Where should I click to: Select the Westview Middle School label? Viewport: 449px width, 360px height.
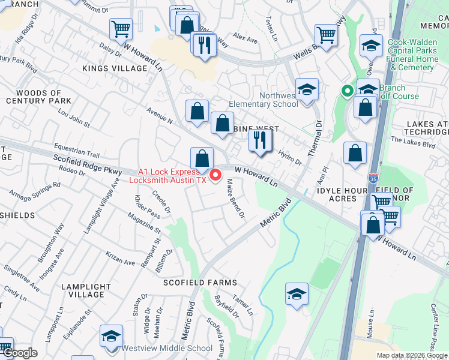[167, 348]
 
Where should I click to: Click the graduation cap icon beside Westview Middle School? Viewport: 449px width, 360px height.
[111, 336]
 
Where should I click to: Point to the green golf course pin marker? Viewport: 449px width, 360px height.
[346, 92]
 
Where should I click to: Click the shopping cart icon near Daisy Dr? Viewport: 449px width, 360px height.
[121, 28]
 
